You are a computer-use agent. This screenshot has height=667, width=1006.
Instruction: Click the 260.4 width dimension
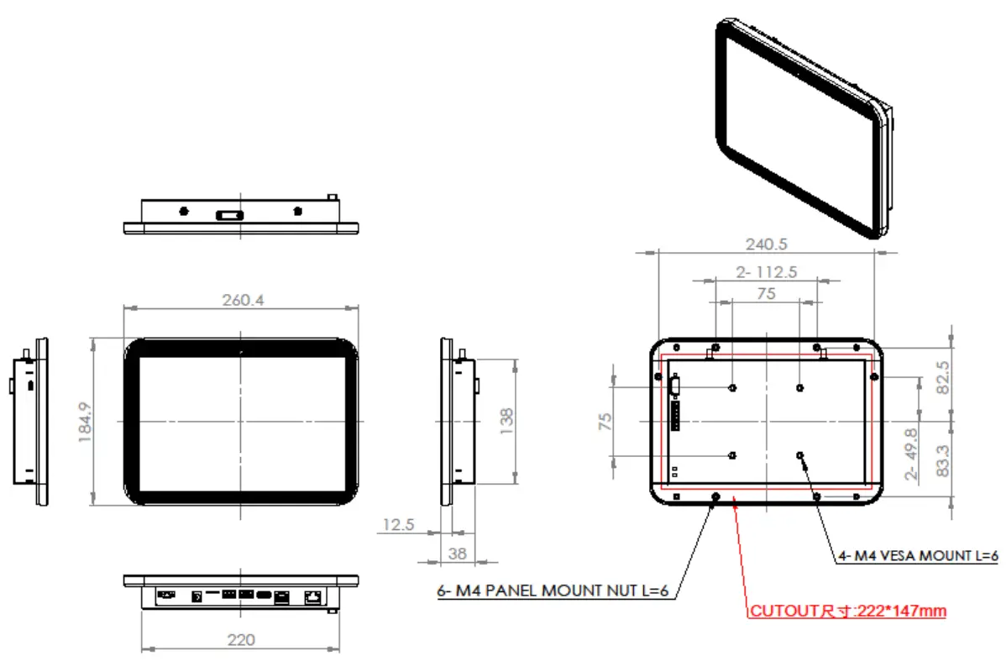click(x=240, y=300)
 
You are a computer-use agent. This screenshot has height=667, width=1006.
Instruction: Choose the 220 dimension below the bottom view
click(x=240, y=640)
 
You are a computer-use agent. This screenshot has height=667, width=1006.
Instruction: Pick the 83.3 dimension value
click(x=943, y=462)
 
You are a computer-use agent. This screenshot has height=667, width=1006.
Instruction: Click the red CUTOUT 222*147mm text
click(x=848, y=612)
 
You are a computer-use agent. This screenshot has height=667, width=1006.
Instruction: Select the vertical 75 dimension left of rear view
click(x=605, y=421)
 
